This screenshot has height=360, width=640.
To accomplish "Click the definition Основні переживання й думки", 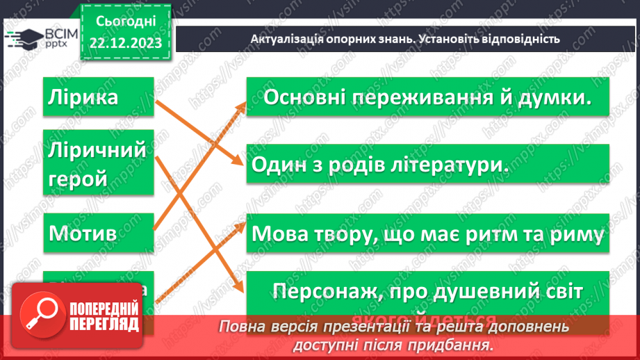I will pos(427,98).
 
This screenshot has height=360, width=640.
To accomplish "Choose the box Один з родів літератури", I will pos(427,165).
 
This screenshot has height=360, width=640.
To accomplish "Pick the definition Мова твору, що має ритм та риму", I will pos(427,235).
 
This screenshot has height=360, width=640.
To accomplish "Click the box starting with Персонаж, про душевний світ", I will pos(427,290).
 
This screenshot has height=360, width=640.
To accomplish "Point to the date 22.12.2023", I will pos(126,43).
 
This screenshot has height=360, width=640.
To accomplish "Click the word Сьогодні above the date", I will pos(126,22).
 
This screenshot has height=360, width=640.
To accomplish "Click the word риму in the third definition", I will pos(575,235).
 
